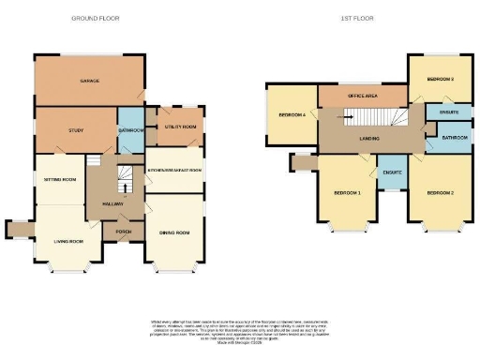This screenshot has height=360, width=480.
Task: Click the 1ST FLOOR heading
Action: coord(363,18)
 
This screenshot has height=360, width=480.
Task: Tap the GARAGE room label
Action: coord(89,82)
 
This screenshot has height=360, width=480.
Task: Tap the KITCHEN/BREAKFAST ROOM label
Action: coord(174,170)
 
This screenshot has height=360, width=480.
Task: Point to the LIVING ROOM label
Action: coord(69,241)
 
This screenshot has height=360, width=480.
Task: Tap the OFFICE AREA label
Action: coord(362,96)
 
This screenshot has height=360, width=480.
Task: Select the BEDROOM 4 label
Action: coord(292,115)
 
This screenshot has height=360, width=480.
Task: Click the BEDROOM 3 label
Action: coord(440,80)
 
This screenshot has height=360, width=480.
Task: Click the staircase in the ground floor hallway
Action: coord(123,178)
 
